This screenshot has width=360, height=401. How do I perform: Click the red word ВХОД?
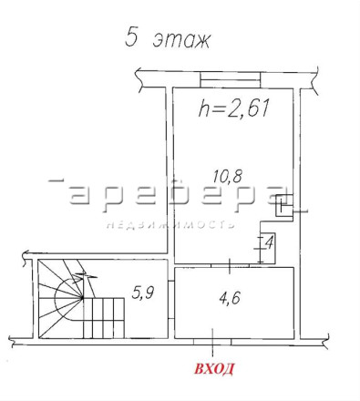(x=214, y=369)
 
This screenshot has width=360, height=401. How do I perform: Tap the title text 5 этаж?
(x=168, y=38)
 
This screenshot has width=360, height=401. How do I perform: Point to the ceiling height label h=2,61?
(x=234, y=108)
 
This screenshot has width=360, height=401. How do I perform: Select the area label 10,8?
(x=227, y=177)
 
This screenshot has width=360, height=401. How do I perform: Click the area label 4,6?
(x=230, y=297)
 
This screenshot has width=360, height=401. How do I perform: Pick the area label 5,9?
(x=143, y=293)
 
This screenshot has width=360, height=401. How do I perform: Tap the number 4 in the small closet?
(x=269, y=242)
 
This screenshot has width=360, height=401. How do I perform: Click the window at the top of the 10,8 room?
(x=231, y=79)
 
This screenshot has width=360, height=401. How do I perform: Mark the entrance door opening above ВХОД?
(x=212, y=342)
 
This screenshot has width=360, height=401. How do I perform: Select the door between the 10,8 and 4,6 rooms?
(x=230, y=265)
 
